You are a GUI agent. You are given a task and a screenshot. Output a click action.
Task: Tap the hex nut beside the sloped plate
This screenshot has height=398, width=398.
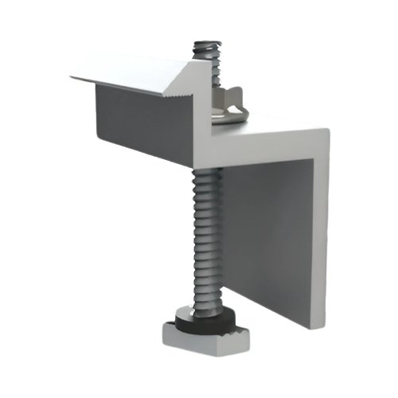228,99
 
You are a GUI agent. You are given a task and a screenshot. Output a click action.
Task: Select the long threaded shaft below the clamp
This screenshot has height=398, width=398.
204,239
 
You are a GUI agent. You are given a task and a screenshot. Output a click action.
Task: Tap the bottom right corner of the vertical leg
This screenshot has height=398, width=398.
320,330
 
